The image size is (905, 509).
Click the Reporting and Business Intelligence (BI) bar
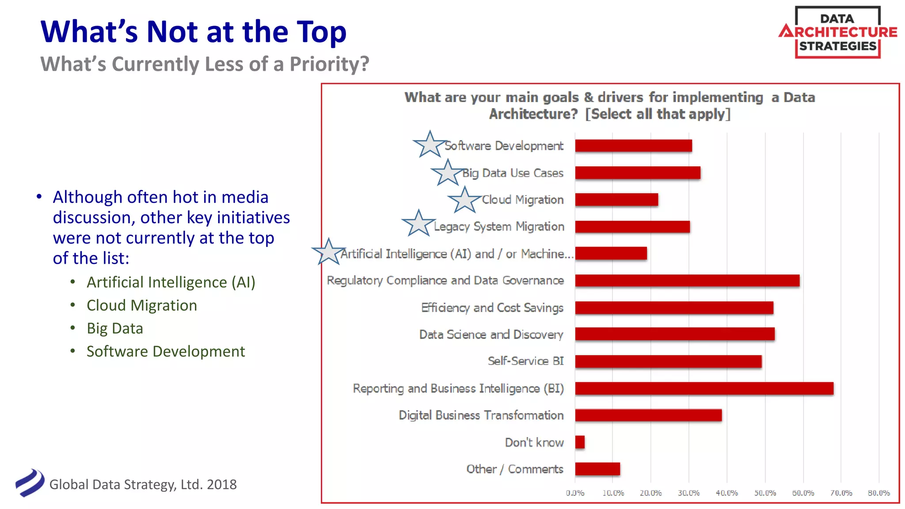coord(704,388)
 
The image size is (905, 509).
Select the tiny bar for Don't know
coord(580,442)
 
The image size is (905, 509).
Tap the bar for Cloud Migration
coord(616,200)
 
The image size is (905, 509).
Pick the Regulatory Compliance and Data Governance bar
coord(687,281)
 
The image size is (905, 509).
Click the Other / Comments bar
coord(597,469)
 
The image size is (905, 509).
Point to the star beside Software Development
coord(430,145)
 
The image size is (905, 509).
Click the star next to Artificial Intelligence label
coord(329,252)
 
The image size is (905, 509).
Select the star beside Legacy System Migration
coord(418,224)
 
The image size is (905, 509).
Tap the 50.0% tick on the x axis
coord(765,493)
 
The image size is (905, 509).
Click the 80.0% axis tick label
coord(878,493)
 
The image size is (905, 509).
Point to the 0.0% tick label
coord(575,493)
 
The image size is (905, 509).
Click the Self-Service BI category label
coord(525,361)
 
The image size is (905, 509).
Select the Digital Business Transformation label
coord(481,415)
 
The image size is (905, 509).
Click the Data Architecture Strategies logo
coord(837,32)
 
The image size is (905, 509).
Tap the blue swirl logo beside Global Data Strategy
coord(30,482)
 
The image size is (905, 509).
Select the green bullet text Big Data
coord(115,328)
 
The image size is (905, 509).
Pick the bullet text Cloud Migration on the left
coord(141,305)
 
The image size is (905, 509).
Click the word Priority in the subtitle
coord(329,64)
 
